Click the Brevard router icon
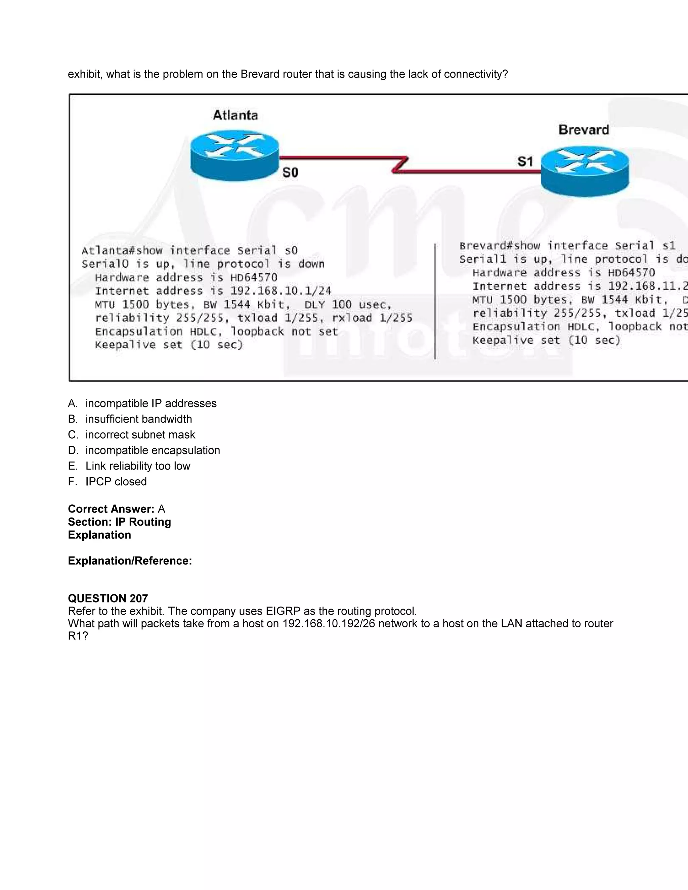pyautogui.click(x=585, y=172)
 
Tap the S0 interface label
pyautogui.click(x=290, y=173)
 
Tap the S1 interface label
pyautogui.click(x=525, y=162)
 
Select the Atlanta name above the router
pyautogui.click(x=235, y=115)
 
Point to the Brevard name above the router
pyautogui.click(x=584, y=130)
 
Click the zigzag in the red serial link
pyautogui.click(x=400, y=164)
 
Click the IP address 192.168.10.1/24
pyautogui.click(x=281, y=291)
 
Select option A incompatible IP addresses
pyautogui.click(x=151, y=403)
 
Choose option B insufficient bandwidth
pyautogui.click(x=139, y=419)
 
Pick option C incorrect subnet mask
pyautogui.click(x=140, y=435)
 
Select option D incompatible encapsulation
pyautogui.click(x=153, y=450)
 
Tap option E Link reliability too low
pyautogui.click(x=138, y=466)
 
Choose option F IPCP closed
pyautogui.click(x=116, y=482)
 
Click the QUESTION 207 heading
pyautogui.click(x=107, y=598)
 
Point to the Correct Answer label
pyautogui.click(x=111, y=509)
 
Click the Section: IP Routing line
pyautogui.click(x=119, y=522)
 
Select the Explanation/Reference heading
pyautogui.click(x=130, y=561)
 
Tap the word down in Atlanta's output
pyautogui.click(x=311, y=264)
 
